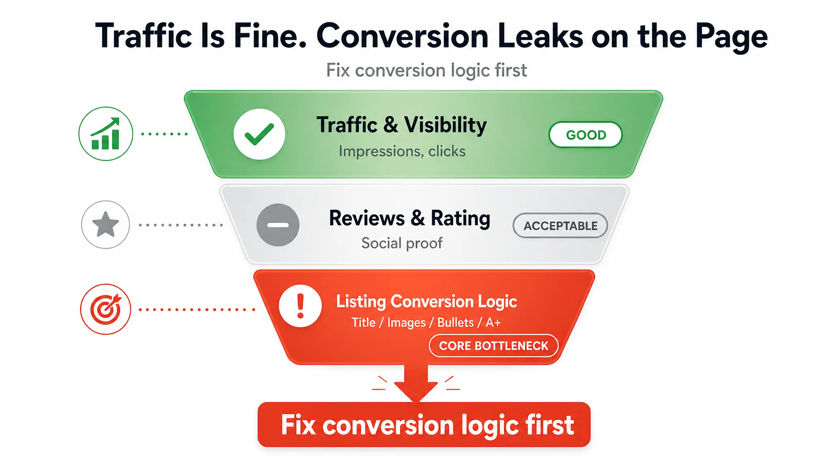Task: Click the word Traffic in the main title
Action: (143, 36)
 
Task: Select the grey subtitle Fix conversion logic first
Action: (426, 71)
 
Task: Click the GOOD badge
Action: (586, 135)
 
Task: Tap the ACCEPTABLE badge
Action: (560, 225)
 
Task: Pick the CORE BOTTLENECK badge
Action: (493, 346)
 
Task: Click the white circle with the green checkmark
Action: (259, 134)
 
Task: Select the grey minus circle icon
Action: (278, 225)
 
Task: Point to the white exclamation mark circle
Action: (300, 306)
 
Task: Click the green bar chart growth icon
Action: (105, 134)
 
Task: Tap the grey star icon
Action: (105, 225)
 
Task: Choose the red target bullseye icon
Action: (105, 309)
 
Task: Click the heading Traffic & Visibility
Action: (402, 125)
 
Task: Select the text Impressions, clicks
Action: (402, 151)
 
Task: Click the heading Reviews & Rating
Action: (409, 219)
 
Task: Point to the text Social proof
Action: (402, 243)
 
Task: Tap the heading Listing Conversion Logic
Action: (426, 302)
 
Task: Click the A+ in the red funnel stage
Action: (493, 323)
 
